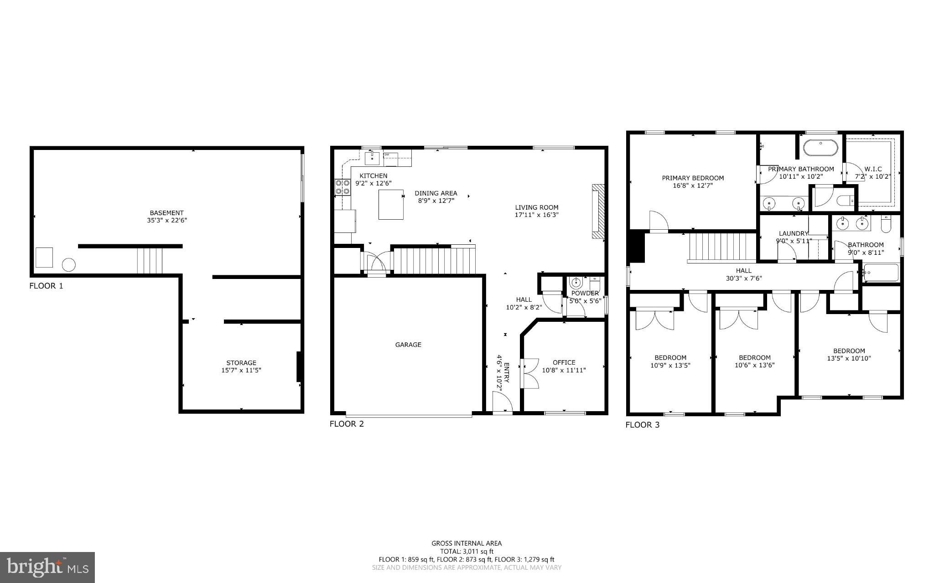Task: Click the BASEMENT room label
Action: pos(166,213)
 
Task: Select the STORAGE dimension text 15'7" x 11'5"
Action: pos(241,371)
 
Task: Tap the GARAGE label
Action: pos(408,345)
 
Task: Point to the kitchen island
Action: pos(391,205)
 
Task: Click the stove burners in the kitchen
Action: pos(342,187)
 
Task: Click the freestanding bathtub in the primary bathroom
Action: pos(820,148)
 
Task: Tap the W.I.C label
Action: pos(873,169)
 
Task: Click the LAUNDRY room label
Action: pos(794,233)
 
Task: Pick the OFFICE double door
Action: pos(529,373)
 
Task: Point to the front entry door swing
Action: pos(503,403)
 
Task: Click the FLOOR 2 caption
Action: pos(347,424)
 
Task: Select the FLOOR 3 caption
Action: pos(642,425)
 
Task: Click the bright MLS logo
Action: pos(47,567)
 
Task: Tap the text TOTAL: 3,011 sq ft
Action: pos(467,552)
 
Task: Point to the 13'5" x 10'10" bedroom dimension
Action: pos(849,358)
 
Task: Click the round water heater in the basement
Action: pos(69,265)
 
